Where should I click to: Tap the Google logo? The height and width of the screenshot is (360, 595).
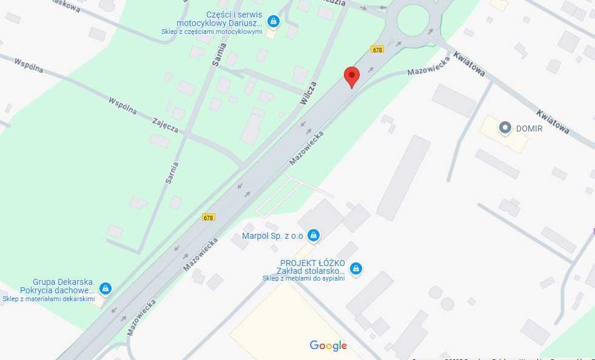tap(328, 346)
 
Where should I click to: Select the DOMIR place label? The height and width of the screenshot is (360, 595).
tap(529, 128)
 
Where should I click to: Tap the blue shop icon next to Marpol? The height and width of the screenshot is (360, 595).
tap(313, 235)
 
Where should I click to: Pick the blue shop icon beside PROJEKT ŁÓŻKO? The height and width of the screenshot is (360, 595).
tap(356, 268)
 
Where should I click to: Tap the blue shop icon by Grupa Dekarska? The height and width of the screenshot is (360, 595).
tap(106, 288)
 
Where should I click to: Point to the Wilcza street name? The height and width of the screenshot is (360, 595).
tap(309, 93)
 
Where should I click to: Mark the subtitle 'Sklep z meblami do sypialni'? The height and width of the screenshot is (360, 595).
tap(303, 279)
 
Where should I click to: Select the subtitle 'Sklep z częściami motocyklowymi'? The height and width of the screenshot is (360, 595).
tap(212, 32)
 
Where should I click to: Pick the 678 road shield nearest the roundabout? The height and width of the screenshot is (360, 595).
tap(377, 50)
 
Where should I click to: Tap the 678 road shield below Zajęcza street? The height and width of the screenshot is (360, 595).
tap(209, 218)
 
